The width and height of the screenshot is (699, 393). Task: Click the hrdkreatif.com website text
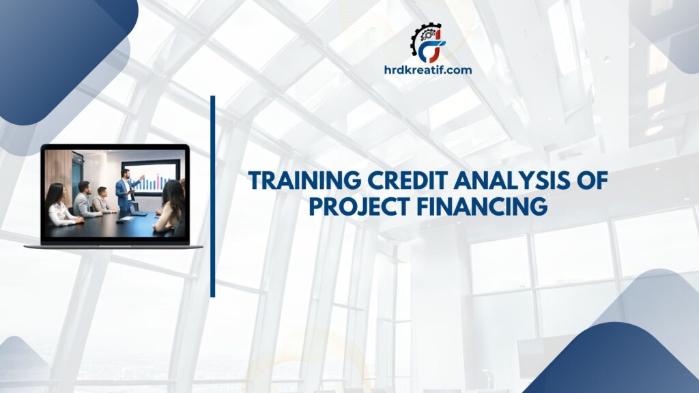point(428,70)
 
